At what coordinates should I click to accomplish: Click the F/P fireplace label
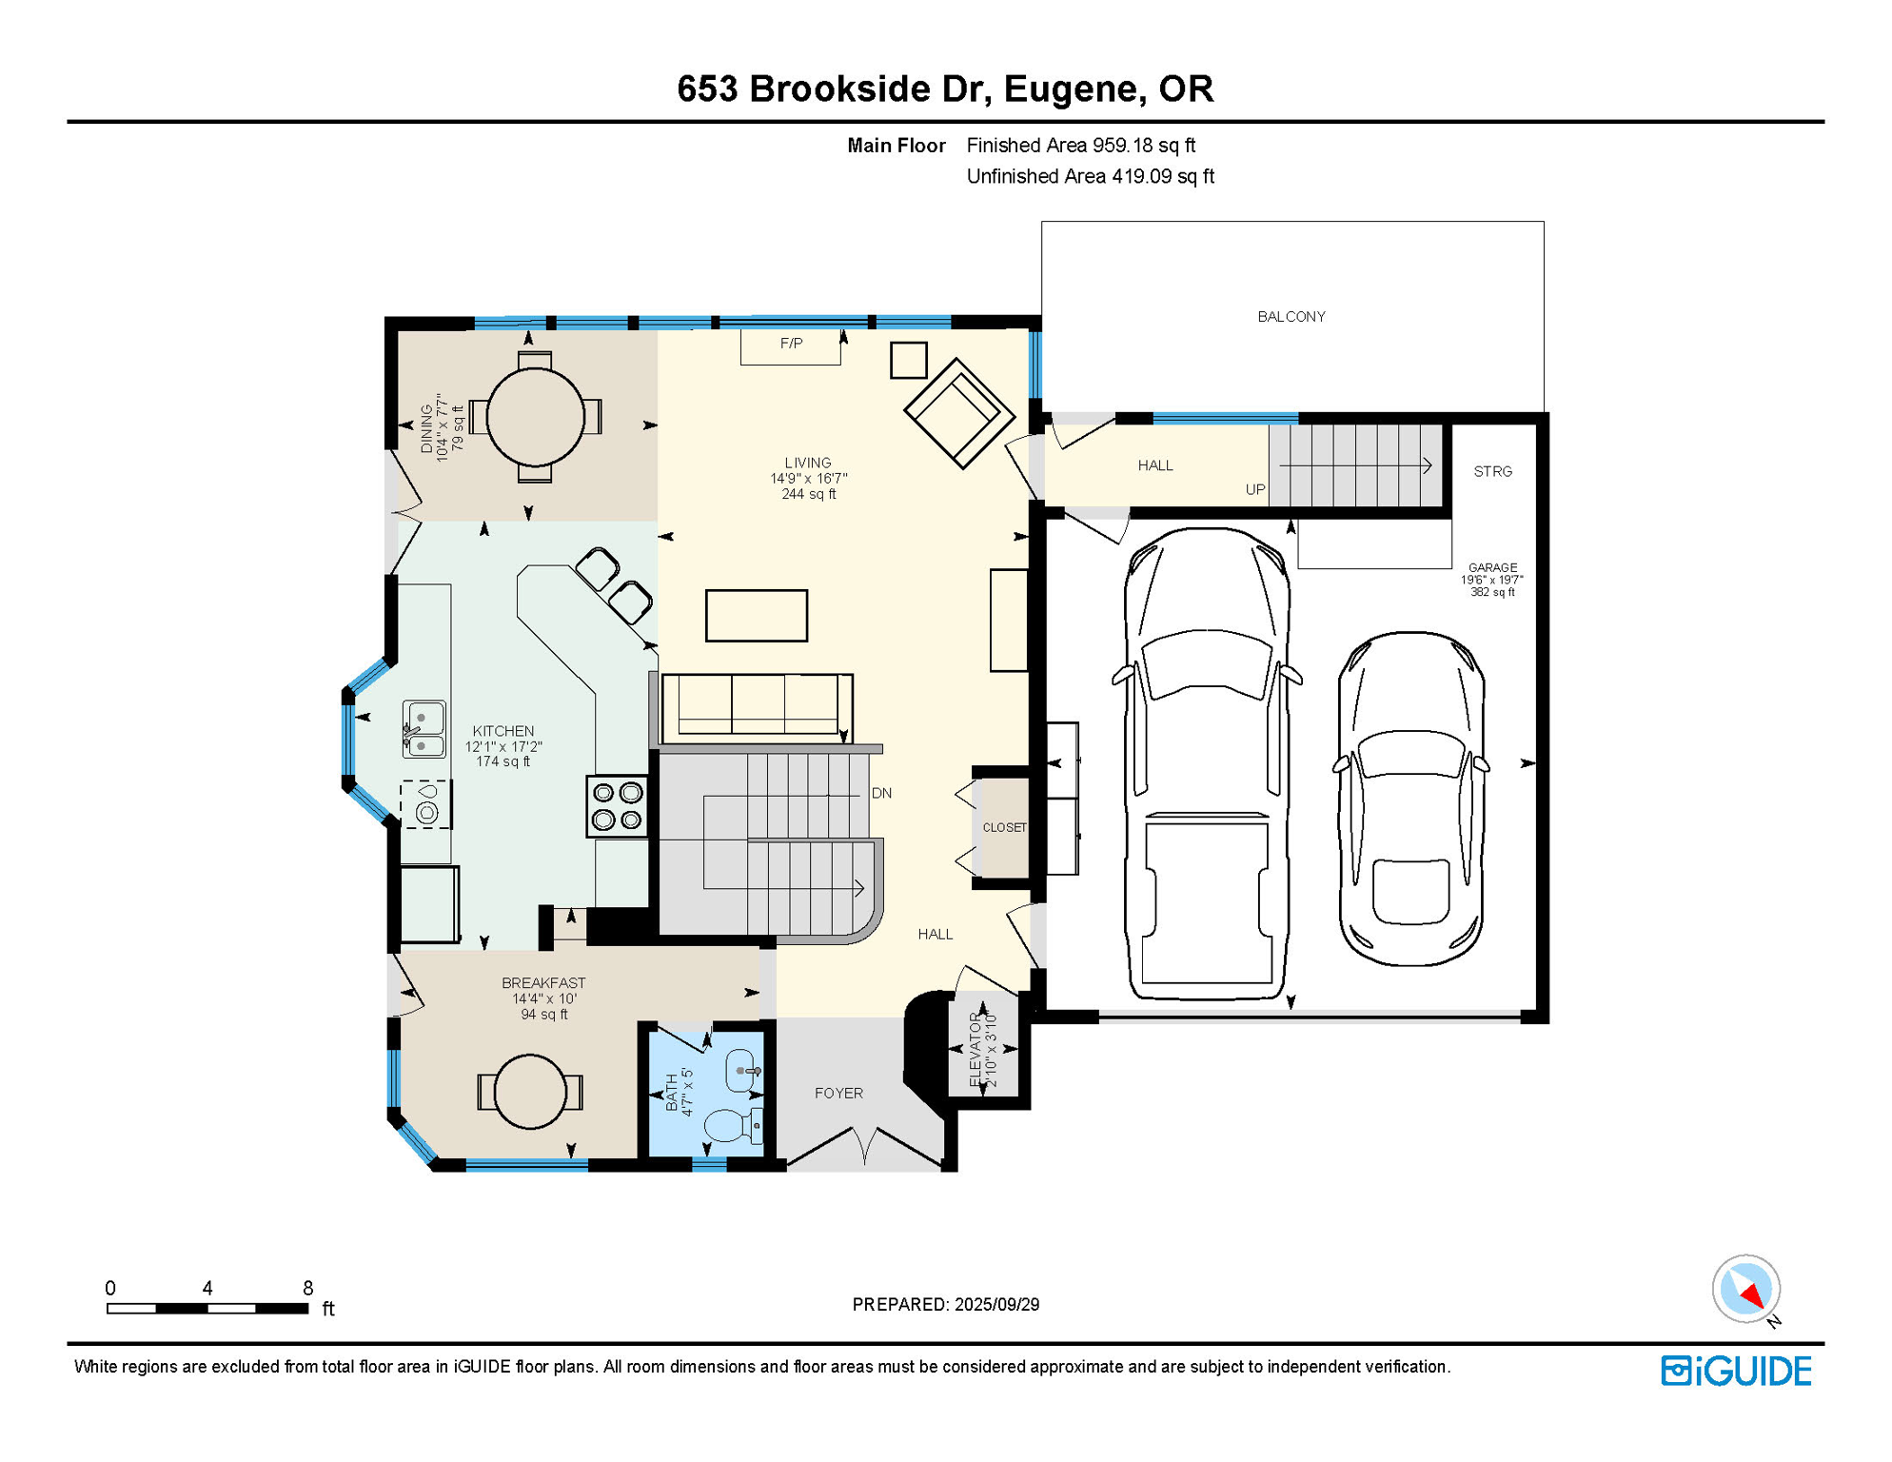[791, 344]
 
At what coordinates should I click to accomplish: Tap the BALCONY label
[1291, 317]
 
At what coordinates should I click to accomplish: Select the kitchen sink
[424, 730]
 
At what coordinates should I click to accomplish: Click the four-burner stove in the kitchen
[617, 806]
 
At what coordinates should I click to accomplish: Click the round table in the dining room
[535, 417]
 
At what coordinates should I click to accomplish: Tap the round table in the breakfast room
[530, 1092]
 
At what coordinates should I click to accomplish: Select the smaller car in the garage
[1410, 800]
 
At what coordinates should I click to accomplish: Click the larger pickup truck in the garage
[1207, 761]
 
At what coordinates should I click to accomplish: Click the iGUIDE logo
[1736, 1371]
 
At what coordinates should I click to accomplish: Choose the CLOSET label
[1004, 828]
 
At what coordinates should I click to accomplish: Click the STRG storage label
[1492, 472]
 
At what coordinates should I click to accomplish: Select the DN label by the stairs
[881, 794]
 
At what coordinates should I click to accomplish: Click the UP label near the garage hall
[1255, 490]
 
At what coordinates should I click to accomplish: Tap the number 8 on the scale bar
[307, 1289]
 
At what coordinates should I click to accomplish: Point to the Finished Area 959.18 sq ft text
[1080, 146]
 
